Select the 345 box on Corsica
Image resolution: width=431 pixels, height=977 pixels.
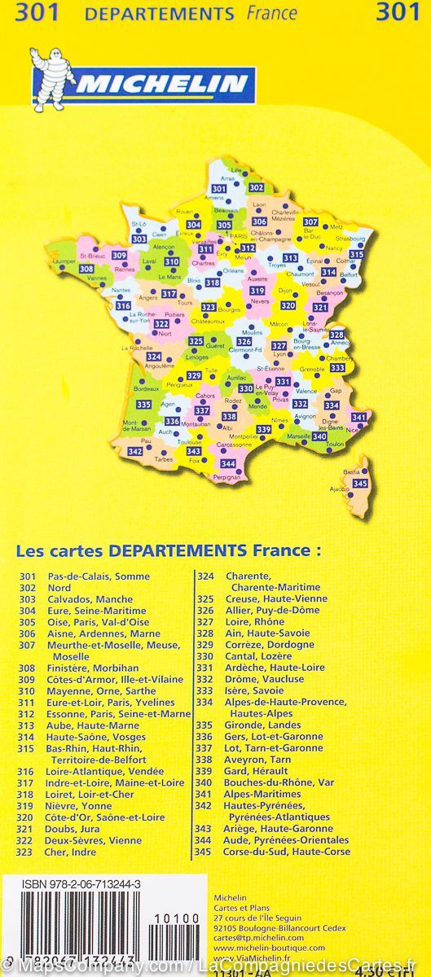pyautogui.click(x=360, y=484)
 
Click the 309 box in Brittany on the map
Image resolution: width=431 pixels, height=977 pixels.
pyautogui.click(x=119, y=256)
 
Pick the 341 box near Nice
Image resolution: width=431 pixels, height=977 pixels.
pyautogui.click(x=359, y=417)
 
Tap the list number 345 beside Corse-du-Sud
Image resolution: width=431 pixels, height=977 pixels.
pyautogui.click(x=205, y=852)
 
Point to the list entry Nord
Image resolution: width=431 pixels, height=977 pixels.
pyautogui.click(x=59, y=588)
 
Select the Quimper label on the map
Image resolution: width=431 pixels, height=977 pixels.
pyautogui.click(x=63, y=261)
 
